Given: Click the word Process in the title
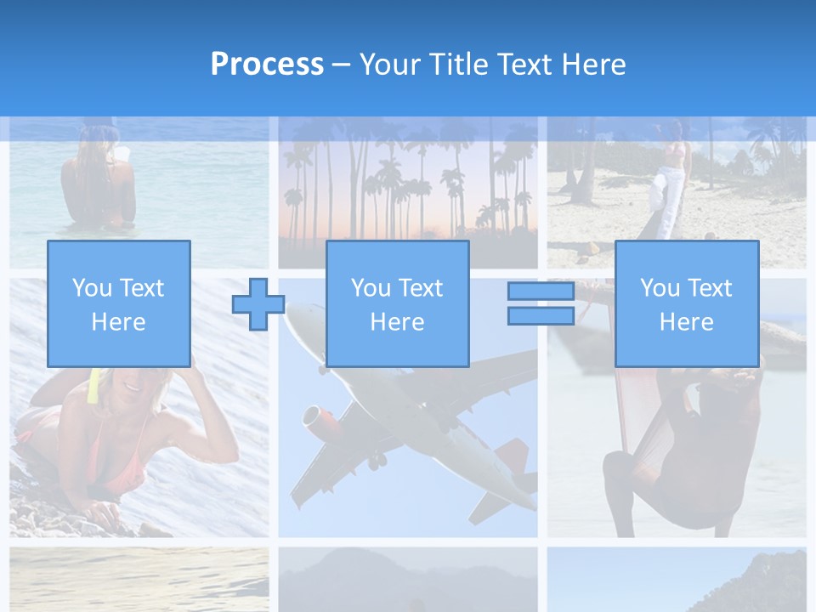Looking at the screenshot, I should pos(267,65).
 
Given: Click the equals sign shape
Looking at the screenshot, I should pos(541,303).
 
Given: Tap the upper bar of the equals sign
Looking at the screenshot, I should pos(541,292).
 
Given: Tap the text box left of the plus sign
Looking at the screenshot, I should pos(119,303).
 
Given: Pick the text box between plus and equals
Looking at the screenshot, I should pos(398,303).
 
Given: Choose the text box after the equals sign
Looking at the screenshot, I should pos(687,303).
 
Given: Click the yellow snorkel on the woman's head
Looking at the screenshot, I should pos(93,387).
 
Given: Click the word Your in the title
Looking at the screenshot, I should pos(390,65).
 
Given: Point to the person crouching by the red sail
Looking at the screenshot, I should pos(671,450).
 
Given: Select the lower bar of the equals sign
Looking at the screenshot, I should pos(541,316).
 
